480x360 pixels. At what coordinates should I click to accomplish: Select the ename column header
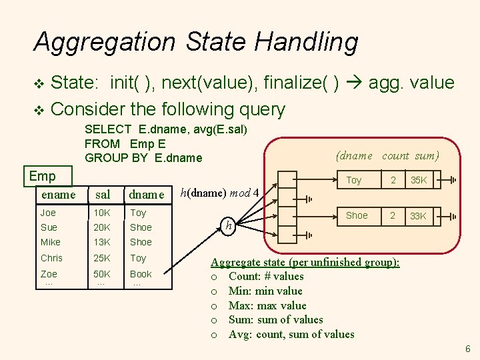pyautogui.click(x=58, y=194)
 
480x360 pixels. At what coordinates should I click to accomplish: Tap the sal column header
pyautogui.click(x=103, y=194)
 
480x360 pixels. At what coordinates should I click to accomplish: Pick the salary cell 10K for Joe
pyautogui.click(x=103, y=213)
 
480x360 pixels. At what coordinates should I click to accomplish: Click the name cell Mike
pyautogui.click(x=50, y=242)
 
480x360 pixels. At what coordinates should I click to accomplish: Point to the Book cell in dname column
pyautogui.click(x=141, y=274)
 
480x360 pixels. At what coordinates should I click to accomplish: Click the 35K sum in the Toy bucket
pyautogui.click(x=419, y=180)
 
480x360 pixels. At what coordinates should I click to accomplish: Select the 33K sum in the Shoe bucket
pyautogui.click(x=419, y=216)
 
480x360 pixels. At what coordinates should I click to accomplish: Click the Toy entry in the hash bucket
pyautogui.click(x=353, y=180)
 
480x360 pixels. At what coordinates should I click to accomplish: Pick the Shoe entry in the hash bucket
pyautogui.click(x=357, y=215)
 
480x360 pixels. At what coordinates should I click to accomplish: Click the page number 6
pyautogui.click(x=468, y=349)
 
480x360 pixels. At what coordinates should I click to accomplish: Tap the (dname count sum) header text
pyautogui.click(x=388, y=155)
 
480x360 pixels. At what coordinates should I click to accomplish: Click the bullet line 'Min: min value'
pyautogui.click(x=265, y=291)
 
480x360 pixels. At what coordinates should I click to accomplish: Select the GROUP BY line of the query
pyautogui.click(x=143, y=158)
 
